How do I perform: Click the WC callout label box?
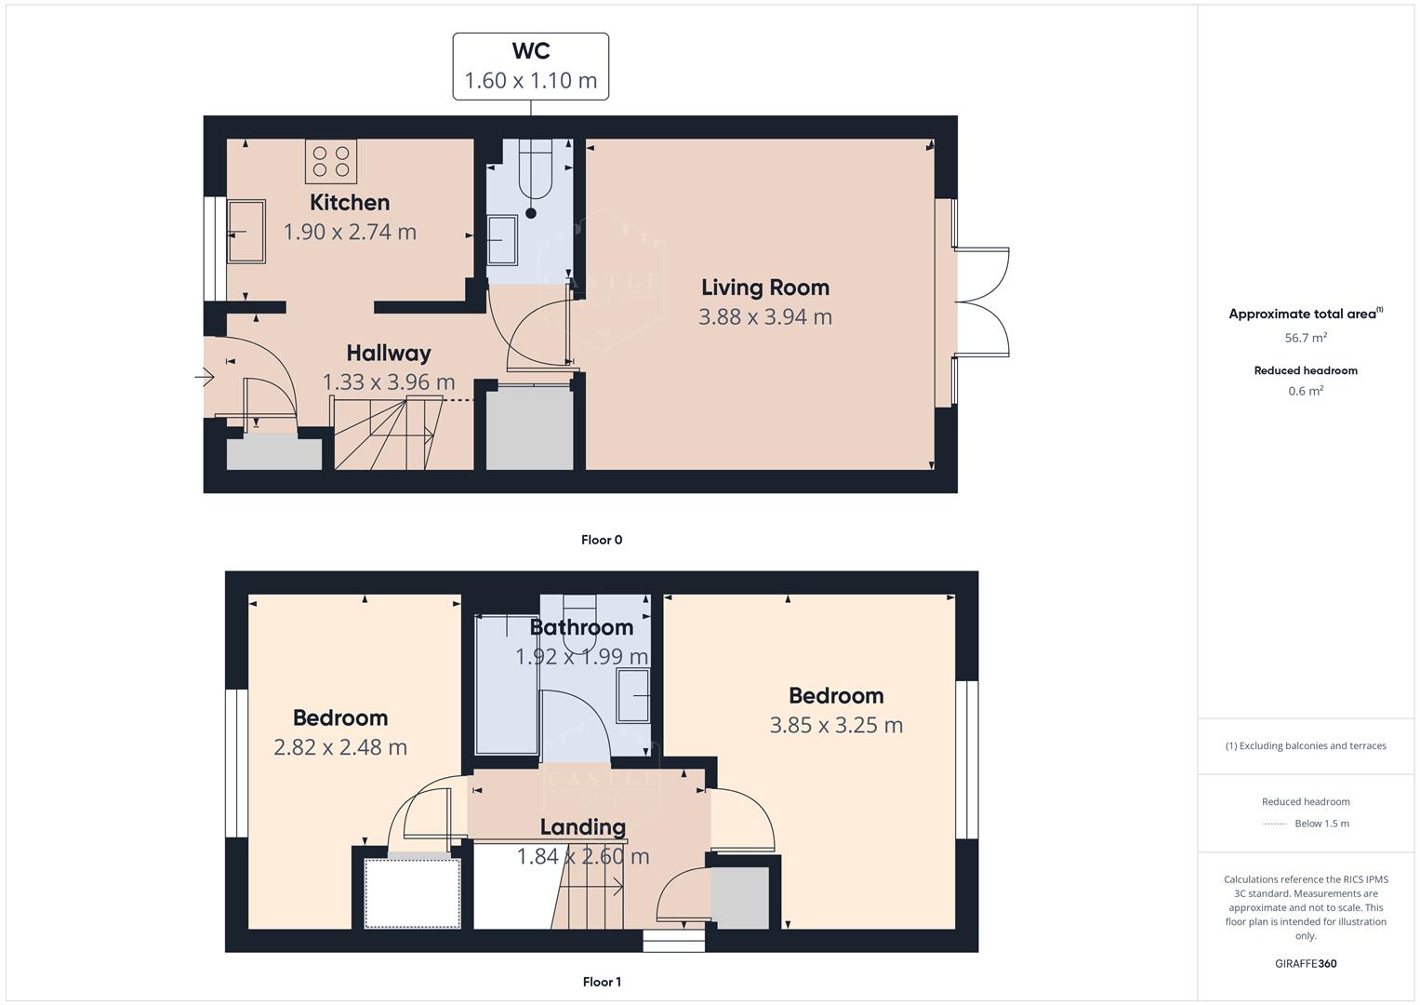click(530, 66)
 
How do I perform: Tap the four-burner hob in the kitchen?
click(331, 161)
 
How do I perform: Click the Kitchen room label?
click(350, 202)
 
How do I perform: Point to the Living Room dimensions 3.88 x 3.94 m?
click(764, 317)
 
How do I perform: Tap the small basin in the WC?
click(502, 240)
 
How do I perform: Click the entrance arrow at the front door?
click(206, 377)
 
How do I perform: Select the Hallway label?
click(389, 353)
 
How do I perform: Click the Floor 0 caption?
click(602, 540)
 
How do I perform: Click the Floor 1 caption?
click(602, 982)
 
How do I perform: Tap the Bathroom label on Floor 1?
click(581, 627)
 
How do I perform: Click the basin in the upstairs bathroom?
click(635, 694)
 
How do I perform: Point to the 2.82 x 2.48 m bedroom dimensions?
click(340, 747)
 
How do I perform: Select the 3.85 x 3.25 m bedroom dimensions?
click(836, 725)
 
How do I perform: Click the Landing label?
click(583, 826)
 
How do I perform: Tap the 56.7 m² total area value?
click(1306, 339)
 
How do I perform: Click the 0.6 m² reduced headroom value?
click(1306, 392)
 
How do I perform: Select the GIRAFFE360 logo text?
click(1306, 964)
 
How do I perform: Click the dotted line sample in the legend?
click(1275, 824)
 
